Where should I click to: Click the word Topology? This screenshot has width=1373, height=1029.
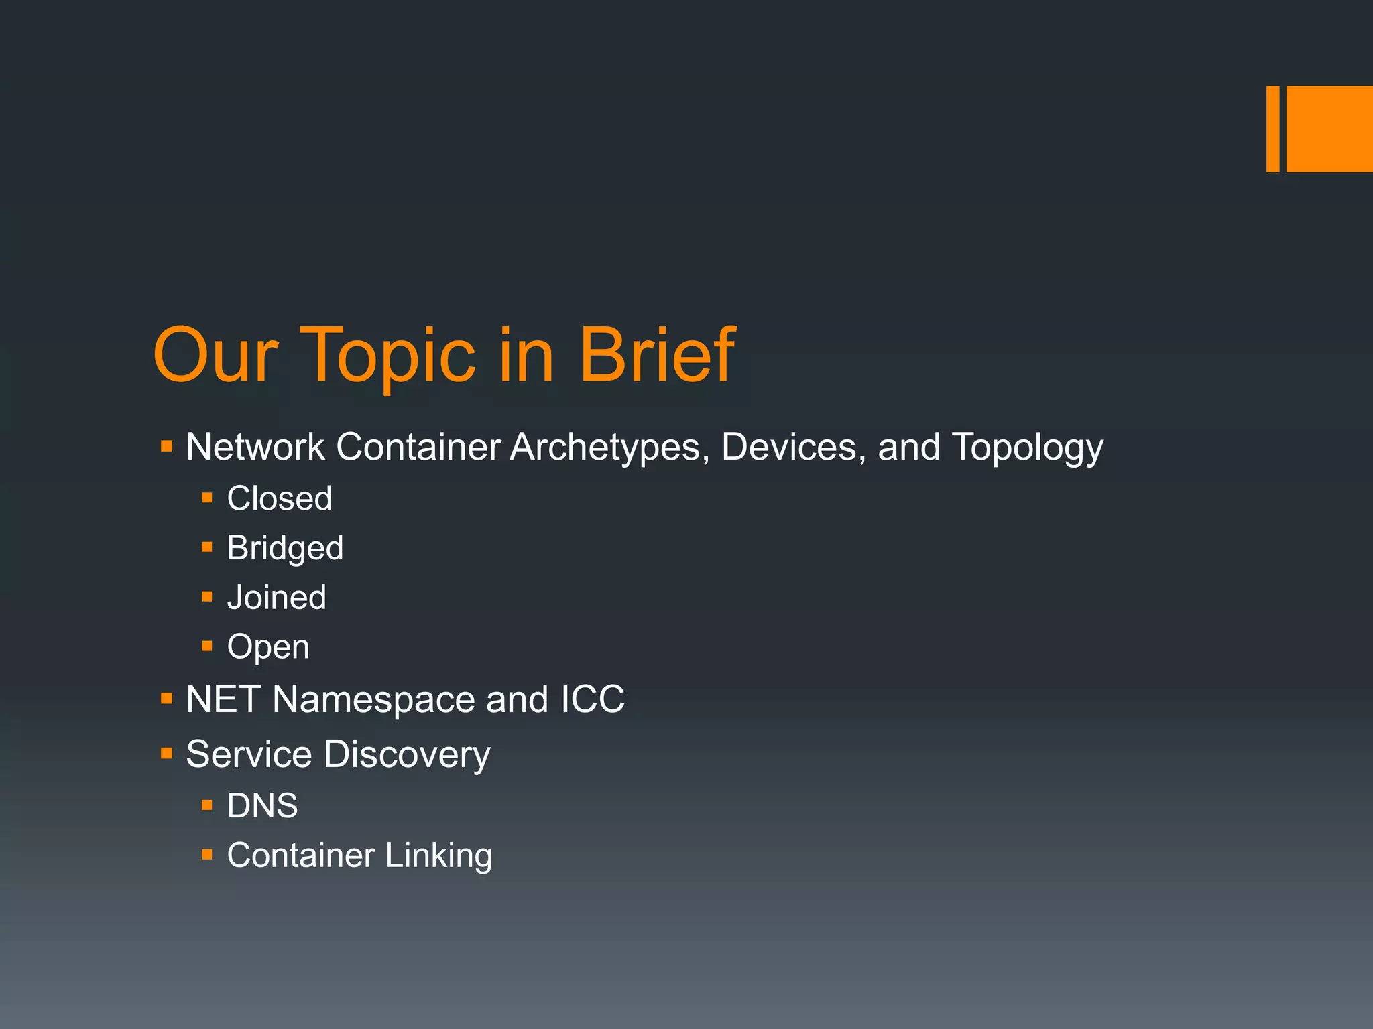click(x=1027, y=448)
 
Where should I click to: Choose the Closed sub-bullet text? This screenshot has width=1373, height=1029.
click(x=280, y=498)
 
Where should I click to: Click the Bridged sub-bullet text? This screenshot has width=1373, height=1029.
click(x=285, y=549)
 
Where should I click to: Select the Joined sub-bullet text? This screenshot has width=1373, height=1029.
click(x=276, y=597)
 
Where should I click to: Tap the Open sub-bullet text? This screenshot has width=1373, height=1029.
click(x=268, y=647)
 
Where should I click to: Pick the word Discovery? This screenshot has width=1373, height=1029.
click(x=407, y=755)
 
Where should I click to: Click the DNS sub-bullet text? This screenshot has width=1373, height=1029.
click(x=262, y=805)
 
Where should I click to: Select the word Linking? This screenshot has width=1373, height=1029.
click(x=438, y=855)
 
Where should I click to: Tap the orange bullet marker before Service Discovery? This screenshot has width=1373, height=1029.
click(x=167, y=754)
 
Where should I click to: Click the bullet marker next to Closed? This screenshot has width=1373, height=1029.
click(x=207, y=498)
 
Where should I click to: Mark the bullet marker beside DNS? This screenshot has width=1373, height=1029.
click(x=207, y=805)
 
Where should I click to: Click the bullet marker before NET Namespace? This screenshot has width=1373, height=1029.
click(x=167, y=699)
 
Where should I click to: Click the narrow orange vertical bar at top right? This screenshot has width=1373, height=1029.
click(x=1272, y=129)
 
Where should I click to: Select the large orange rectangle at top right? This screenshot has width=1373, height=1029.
click(x=1329, y=129)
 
